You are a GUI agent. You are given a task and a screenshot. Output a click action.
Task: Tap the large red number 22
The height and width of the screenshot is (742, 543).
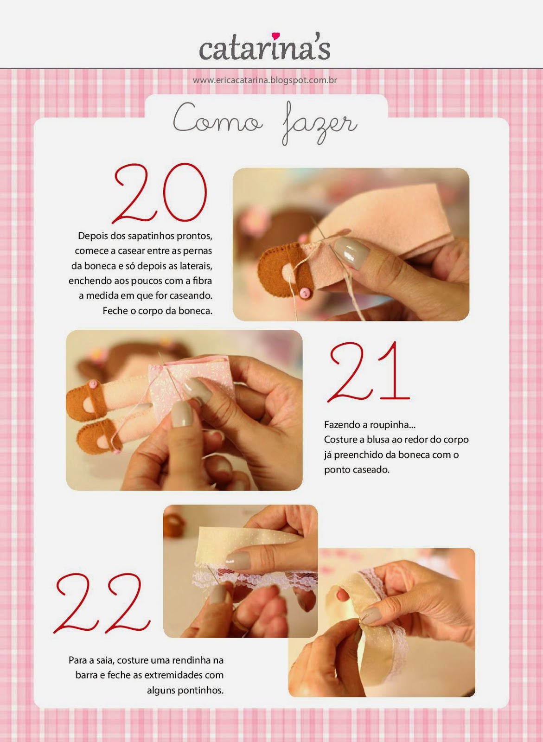102,603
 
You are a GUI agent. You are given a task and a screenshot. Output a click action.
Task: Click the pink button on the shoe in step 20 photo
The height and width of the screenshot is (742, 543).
304,292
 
